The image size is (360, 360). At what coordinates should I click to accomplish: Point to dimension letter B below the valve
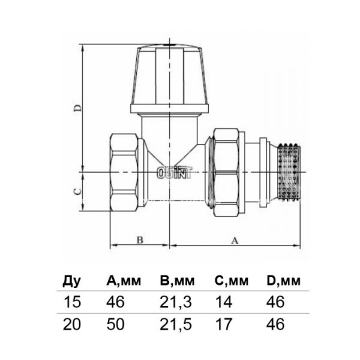coord(139,240)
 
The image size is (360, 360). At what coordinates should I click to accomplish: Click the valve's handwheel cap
coord(169,78)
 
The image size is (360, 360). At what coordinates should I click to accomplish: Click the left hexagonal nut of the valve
coord(125,173)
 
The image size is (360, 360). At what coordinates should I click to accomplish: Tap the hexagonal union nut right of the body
coord(225,173)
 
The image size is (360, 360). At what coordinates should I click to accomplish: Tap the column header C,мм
coord(231,281)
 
